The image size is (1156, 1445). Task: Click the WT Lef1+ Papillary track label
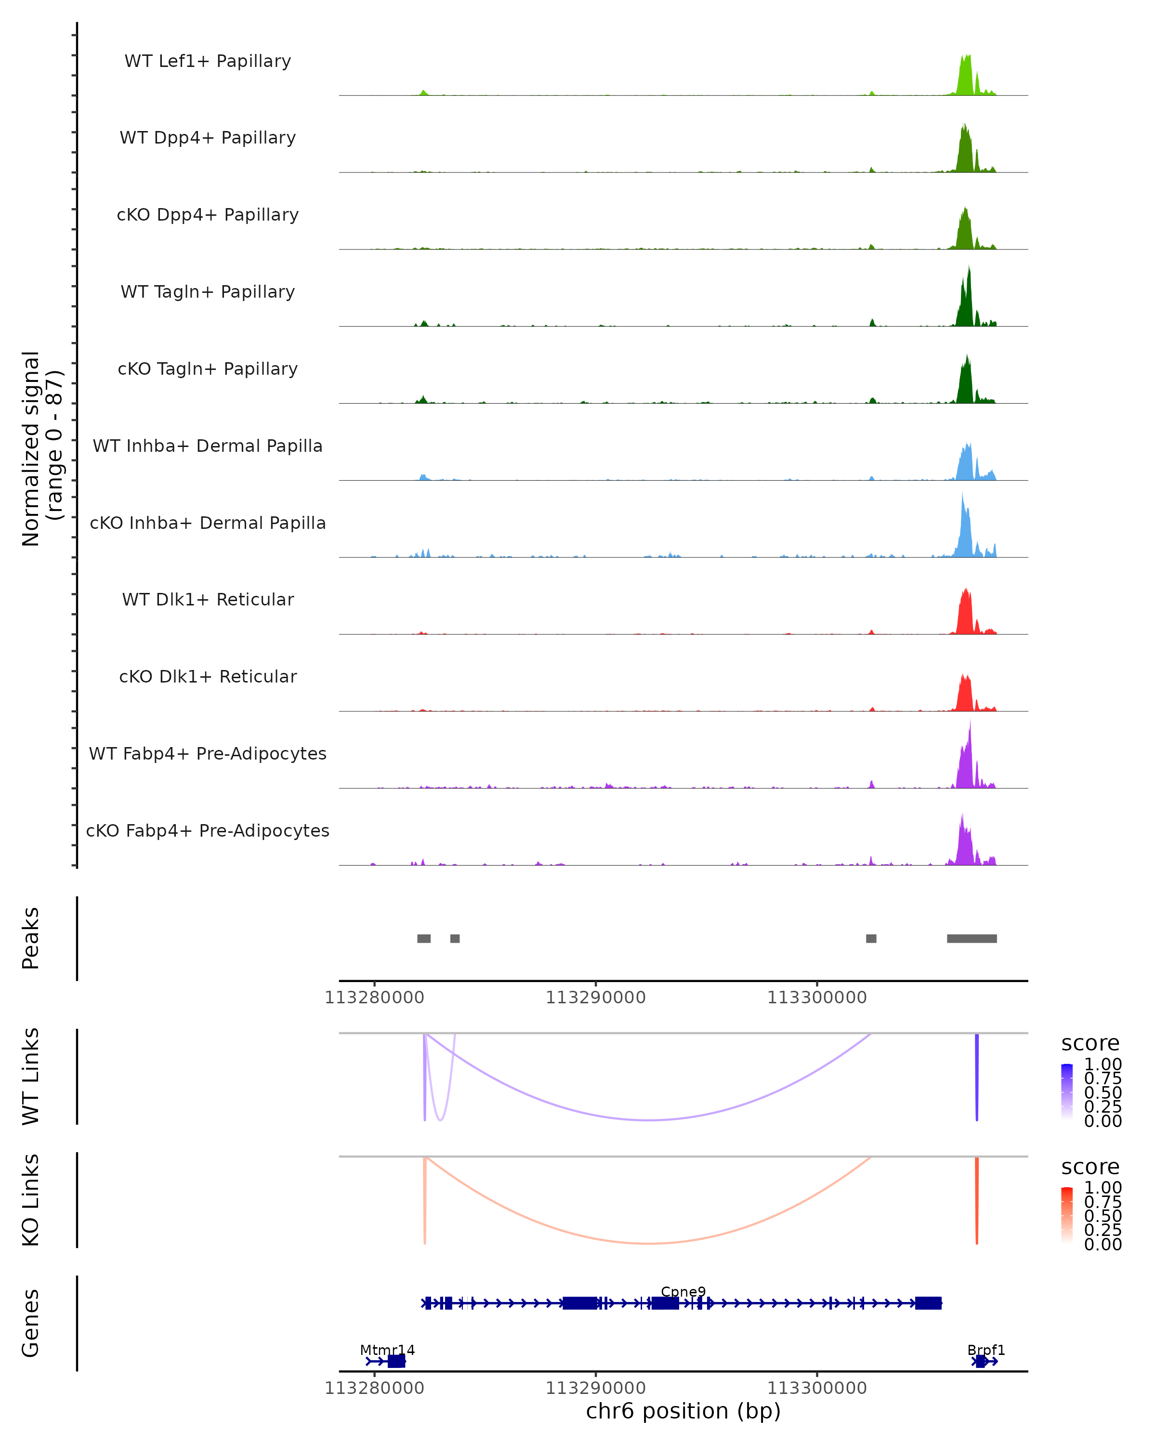(x=208, y=61)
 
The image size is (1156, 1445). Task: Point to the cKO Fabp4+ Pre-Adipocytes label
(x=208, y=830)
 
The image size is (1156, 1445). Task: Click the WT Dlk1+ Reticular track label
(x=208, y=599)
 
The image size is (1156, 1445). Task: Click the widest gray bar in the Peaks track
(x=972, y=938)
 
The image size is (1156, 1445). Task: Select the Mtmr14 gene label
(x=387, y=1350)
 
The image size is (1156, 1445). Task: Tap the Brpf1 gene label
(x=986, y=1350)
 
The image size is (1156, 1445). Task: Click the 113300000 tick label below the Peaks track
(x=817, y=998)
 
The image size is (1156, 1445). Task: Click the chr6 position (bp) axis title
(x=683, y=1411)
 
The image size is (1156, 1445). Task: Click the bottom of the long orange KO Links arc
(x=649, y=1243)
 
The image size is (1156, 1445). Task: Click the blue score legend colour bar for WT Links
(x=1067, y=1092)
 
